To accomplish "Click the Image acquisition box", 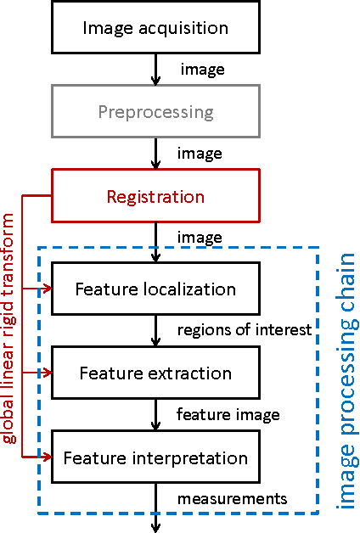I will coord(155,28).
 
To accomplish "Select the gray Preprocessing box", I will coord(155,112).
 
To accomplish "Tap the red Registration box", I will coord(155,197).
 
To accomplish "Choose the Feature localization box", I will coord(155,289).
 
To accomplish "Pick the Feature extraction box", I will coord(155,373).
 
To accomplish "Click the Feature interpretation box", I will coord(155,458).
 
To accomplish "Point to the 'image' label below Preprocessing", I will coord(200,154).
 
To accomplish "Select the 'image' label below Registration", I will coord(200,238).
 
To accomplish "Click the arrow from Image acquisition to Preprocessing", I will coord(155,70).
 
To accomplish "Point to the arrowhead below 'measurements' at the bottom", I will coord(155,527).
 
